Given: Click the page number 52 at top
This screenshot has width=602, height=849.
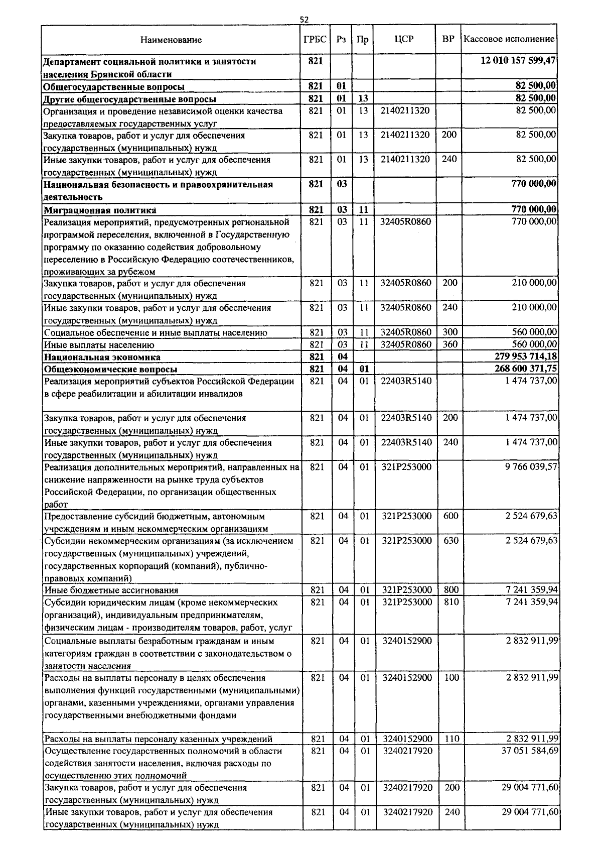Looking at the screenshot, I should point(304,20).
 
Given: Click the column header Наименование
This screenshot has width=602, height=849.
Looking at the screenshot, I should point(171,40).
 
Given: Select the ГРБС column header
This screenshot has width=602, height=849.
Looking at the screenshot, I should point(315,39).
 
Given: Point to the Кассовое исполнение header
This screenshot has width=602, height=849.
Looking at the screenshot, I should point(509,39).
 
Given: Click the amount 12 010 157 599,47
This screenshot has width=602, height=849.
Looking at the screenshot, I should point(519,61).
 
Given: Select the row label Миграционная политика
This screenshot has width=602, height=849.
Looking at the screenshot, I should point(100,210).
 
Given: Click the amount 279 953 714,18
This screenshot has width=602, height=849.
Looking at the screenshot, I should point(525,357).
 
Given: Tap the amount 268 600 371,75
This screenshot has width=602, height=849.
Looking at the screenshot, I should point(525,369).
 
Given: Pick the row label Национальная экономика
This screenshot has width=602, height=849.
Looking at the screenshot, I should point(102,357).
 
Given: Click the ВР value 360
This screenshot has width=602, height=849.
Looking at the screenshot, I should point(450,344).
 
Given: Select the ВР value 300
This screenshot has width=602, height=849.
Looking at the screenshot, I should point(450,332).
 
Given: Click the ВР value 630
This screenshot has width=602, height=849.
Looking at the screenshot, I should point(451,541).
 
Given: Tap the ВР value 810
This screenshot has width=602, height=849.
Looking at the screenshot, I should point(451,602).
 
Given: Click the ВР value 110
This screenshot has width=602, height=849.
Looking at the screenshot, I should point(451,739).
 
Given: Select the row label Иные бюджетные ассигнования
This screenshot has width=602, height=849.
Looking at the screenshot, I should point(111,590).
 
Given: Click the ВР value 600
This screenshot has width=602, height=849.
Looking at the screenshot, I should point(451,516).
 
